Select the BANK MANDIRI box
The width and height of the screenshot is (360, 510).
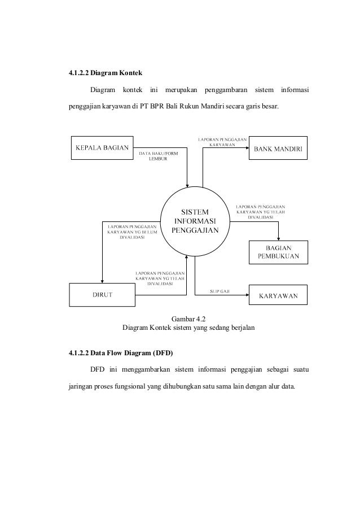click(279, 149)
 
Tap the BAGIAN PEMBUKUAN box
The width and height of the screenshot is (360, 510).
click(279, 252)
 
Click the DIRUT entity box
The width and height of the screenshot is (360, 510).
click(102, 295)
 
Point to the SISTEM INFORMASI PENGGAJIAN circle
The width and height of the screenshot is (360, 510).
click(194, 221)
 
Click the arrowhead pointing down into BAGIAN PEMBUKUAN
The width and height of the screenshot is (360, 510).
click(278, 238)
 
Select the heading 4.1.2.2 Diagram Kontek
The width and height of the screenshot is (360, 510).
click(106, 73)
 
